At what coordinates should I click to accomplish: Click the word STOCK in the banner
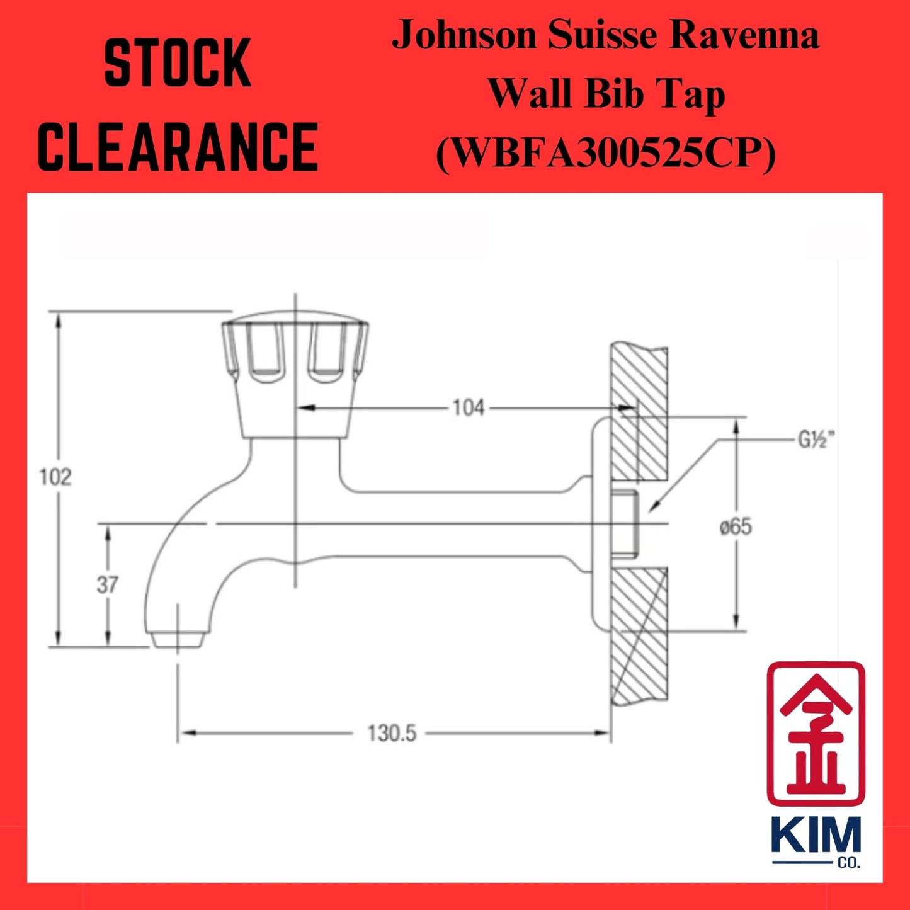coord(178,64)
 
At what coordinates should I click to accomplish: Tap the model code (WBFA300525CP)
coord(605,153)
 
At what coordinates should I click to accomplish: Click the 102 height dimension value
coord(55,477)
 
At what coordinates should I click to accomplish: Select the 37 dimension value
coord(106,585)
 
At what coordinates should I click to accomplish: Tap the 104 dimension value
coord(469,408)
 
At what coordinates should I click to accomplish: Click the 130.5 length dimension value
coord(392,733)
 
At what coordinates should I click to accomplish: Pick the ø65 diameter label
coord(736,526)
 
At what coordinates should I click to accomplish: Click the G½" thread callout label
coord(817,441)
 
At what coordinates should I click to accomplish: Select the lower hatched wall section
coord(639,636)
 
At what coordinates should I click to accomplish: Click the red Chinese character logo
coord(815,733)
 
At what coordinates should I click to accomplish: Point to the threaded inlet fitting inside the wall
coord(626,523)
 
